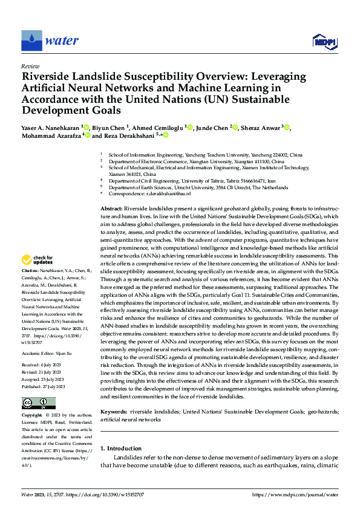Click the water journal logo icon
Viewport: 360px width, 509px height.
[31, 41]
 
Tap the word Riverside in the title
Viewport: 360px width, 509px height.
[48, 77]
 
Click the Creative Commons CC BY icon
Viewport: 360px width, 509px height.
[39, 403]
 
